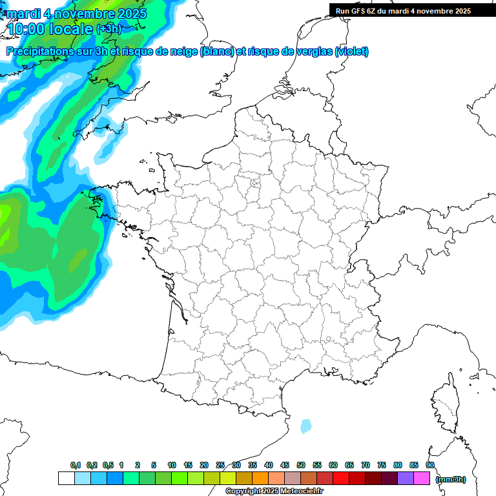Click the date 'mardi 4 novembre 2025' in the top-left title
click(76, 13)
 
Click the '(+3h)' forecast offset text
click(108, 29)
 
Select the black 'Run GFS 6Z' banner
click(412, 10)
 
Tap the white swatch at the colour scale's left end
click(66, 479)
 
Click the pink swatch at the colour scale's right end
click(422, 479)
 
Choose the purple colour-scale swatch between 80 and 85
click(406, 479)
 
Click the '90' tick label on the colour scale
click(430, 465)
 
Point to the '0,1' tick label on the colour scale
click(76, 465)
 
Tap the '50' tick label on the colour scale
click(301, 465)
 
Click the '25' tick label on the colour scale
click(220, 465)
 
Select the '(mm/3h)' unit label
click(451, 479)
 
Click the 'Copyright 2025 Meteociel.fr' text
click(274, 491)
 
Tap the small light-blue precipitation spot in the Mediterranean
click(305, 426)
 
